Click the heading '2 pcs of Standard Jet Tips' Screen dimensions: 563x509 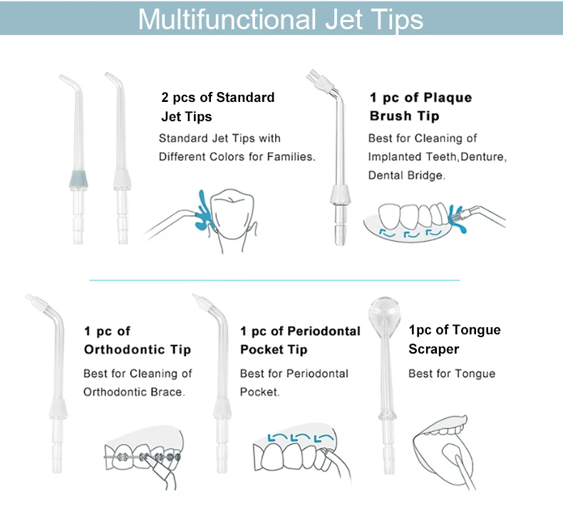[x=217, y=106]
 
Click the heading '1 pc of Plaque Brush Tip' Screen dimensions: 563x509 [x=420, y=106]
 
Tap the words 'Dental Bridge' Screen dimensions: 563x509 [x=406, y=175]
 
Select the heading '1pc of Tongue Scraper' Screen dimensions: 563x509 [x=454, y=339]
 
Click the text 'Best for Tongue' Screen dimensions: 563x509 [x=451, y=374]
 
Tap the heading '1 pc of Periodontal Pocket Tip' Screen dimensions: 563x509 [x=300, y=340]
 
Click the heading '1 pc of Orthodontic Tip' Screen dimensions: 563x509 [x=137, y=340]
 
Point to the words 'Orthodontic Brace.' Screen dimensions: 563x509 [x=133, y=392]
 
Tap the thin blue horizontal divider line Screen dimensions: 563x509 [x=274, y=280]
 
